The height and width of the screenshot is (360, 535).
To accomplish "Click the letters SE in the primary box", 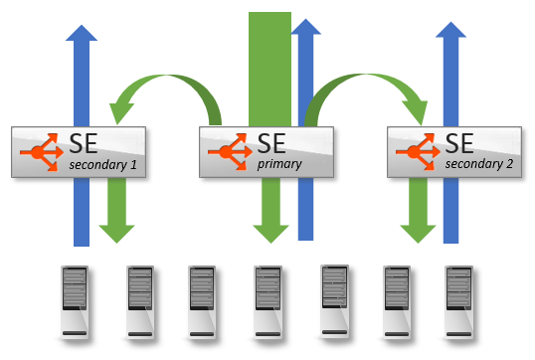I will [271, 141].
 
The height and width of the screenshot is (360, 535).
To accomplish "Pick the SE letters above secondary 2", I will [459, 141].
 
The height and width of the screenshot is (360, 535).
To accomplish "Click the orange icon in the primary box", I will [228, 152].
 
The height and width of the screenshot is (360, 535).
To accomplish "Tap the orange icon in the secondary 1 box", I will [40, 152].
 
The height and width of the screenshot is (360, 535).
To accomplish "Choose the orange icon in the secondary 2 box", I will [415, 152].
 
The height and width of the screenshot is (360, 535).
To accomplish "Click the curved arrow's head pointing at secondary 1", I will [124, 102].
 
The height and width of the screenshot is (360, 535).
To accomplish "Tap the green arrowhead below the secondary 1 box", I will [117, 233].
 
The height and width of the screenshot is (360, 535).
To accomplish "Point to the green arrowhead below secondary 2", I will [419, 233].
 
